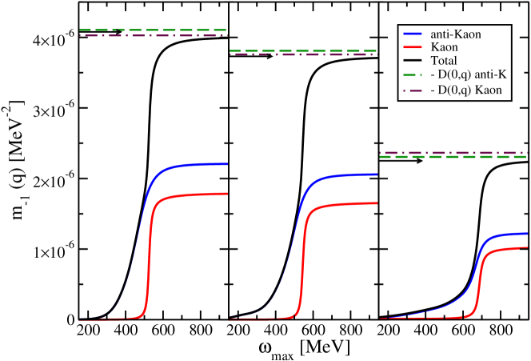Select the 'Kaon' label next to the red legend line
(x=445, y=47)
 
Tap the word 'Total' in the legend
(x=444, y=61)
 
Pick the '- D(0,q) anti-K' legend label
(x=469, y=75)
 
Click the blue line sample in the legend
(x=413, y=34)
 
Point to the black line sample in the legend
(x=413, y=61)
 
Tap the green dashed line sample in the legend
(x=413, y=75)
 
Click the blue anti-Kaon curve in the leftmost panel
(x=192, y=165)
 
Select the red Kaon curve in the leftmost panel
(x=192, y=194)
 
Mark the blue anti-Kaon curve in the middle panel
(x=344, y=174)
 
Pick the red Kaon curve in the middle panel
(x=344, y=203)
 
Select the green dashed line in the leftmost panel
(x=152, y=30)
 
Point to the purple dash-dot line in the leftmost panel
(x=152, y=35)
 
